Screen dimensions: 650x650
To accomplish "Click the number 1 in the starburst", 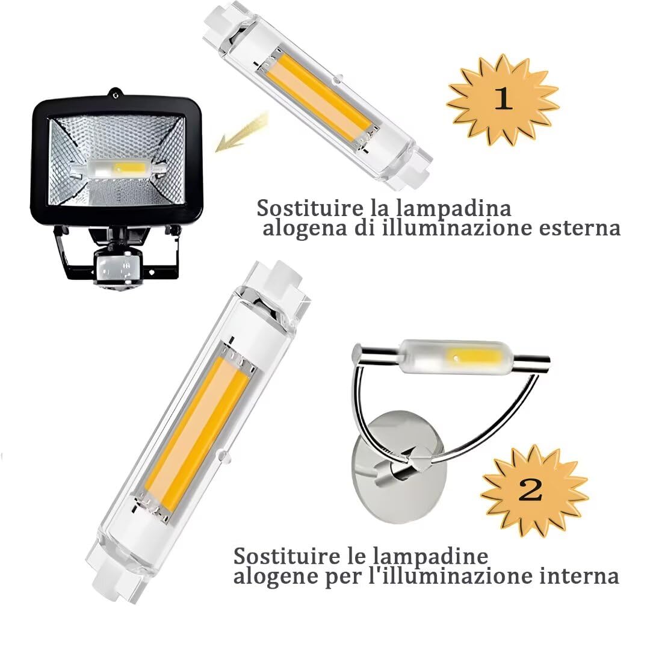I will click(503, 99).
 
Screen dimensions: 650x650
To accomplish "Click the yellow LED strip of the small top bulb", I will click(319, 96).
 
